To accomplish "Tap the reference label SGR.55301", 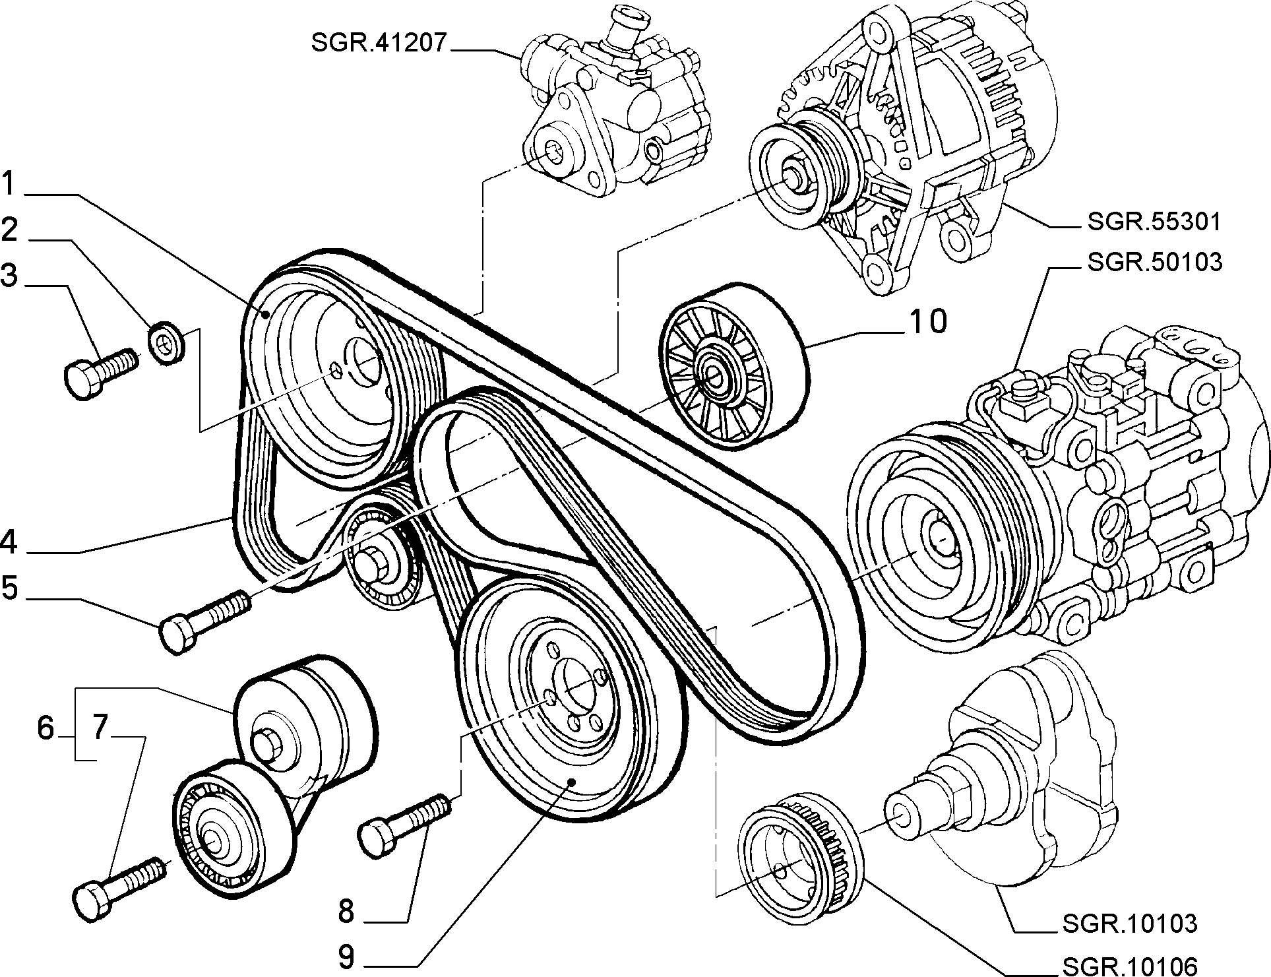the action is (x=1154, y=222).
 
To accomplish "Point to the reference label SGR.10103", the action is (x=1129, y=924).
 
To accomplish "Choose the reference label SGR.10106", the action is (x=1129, y=966).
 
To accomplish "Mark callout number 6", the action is (x=45, y=728).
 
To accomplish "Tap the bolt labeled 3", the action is (x=100, y=371).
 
